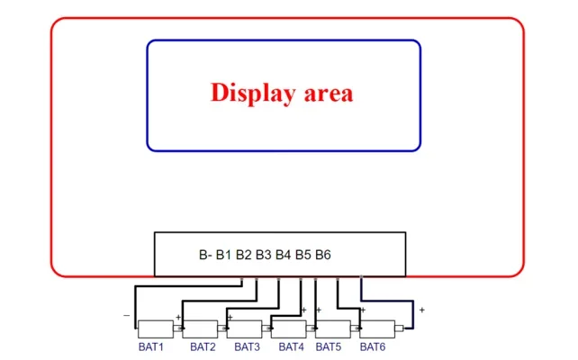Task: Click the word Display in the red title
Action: [253, 93]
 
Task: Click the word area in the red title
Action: [329, 94]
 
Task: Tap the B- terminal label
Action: [205, 255]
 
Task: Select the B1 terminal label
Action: [223, 255]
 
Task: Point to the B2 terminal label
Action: [243, 255]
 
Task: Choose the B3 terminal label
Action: [263, 255]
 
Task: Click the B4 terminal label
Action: [283, 255]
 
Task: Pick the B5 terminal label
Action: [303, 255]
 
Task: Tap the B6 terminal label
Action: [323, 255]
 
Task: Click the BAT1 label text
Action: [150, 346]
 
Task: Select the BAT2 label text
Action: [203, 346]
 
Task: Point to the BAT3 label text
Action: [247, 346]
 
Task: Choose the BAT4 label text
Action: [291, 346]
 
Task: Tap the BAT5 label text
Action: [328, 346]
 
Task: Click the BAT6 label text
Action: [373, 346]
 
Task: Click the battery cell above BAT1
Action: [156, 329]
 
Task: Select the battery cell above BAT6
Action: [377, 329]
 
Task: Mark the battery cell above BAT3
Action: [244, 329]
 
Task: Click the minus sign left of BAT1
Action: [126, 315]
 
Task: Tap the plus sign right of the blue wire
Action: [421, 310]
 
